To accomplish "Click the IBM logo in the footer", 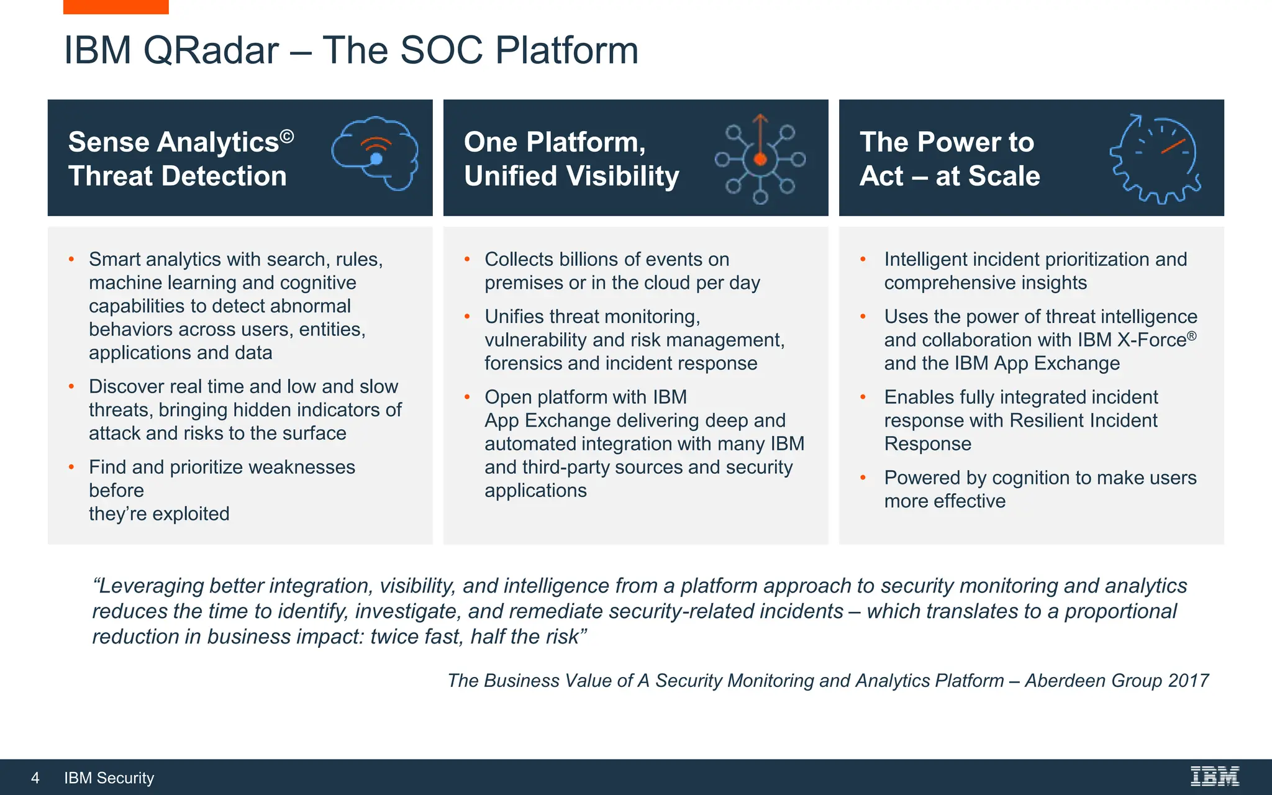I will tap(1214, 776).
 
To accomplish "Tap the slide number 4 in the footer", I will tap(35, 778).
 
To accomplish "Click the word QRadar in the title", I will tap(211, 50).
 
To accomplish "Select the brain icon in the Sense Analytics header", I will tap(375, 153).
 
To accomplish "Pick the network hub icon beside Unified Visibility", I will tap(760, 159).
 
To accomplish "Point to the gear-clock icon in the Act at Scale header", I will tap(1155, 159).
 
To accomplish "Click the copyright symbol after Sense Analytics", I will tap(286, 136).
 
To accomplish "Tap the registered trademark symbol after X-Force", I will tap(1191, 335).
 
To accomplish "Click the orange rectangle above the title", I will tap(116, 6).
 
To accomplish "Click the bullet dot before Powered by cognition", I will tap(863, 478).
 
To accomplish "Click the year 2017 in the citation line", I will tap(1188, 681).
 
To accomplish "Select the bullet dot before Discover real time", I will tap(71, 386).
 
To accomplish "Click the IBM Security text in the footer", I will tap(109, 778).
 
